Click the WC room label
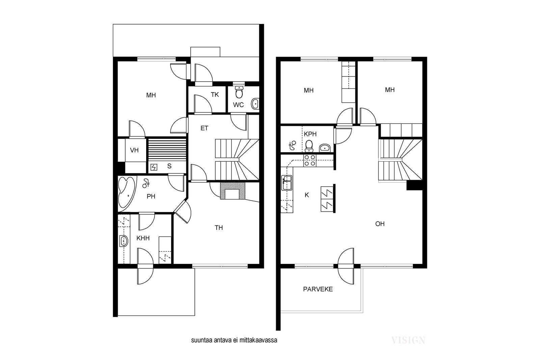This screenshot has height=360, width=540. [238, 105]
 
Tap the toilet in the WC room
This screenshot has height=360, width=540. [239, 92]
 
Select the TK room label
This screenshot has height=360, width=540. [215, 95]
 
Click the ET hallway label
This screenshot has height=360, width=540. [204, 128]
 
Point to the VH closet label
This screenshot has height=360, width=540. [134, 150]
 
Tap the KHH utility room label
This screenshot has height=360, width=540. [143, 238]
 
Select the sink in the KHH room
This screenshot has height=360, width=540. [124, 241]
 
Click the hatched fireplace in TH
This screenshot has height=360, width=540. [233, 191]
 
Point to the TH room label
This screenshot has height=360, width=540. [219, 228]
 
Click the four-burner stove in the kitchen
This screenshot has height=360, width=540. [310, 161]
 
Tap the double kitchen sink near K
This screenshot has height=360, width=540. [287, 183]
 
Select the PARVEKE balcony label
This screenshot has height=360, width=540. [318, 289]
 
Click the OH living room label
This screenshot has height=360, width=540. [380, 224]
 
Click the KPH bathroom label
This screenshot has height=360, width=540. [310, 134]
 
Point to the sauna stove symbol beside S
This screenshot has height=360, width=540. [154, 167]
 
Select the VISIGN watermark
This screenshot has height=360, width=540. [408, 340]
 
